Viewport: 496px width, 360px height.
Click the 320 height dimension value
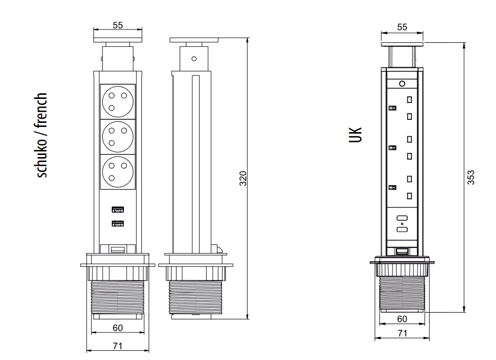pos(242,178)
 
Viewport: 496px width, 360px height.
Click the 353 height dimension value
pos(470,177)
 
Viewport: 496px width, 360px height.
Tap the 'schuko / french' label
pos(41,135)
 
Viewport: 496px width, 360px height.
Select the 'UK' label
pos(355,135)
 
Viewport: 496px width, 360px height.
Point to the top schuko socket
pos(118,101)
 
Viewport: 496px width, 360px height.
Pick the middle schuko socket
pos(118,137)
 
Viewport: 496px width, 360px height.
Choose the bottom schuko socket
pos(118,172)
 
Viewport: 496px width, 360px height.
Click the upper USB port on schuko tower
pos(118,209)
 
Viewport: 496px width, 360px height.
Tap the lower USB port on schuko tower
pos(118,223)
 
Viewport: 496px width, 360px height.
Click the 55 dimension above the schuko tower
pos(118,25)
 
